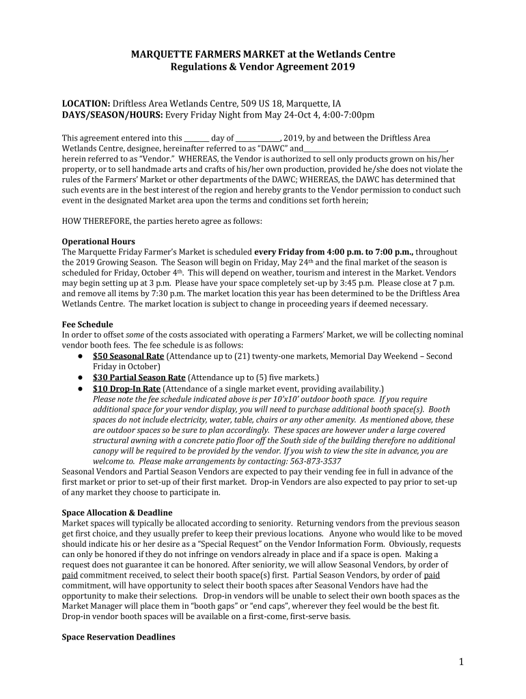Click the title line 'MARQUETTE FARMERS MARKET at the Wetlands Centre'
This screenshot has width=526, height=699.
(x=263, y=55)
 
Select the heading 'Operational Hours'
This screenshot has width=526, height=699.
(x=98, y=242)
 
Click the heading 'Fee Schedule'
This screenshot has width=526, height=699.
(x=87, y=324)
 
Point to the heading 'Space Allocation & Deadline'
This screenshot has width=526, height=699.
(x=117, y=513)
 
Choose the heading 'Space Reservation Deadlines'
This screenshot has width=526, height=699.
(x=118, y=637)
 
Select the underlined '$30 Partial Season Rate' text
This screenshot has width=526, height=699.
(x=139, y=377)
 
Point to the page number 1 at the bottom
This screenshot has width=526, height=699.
(x=462, y=662)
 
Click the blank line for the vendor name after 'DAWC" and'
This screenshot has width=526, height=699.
(x=374, y=149)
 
